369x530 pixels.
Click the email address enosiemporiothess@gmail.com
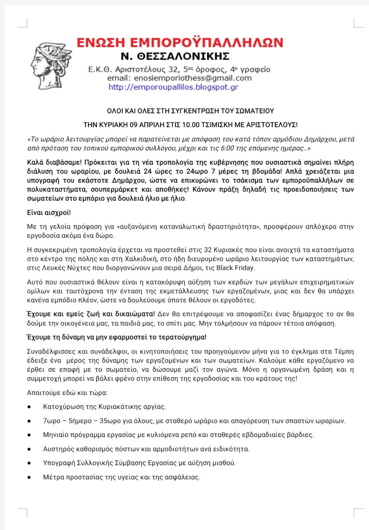point(192,78)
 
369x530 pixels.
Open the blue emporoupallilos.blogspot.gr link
point(173,87)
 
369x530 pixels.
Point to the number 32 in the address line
point(172,70)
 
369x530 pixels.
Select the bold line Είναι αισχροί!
point(49,212)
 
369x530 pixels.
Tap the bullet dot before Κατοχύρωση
point(29,406)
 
